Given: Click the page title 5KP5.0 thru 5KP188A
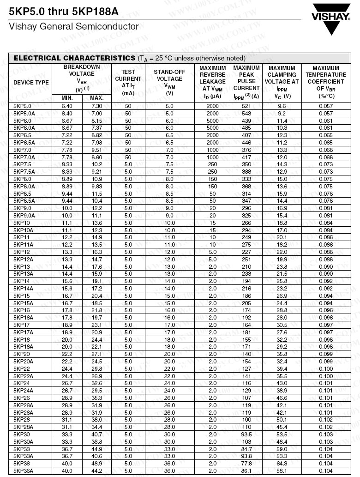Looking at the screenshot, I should pyautogui.click(x=64, y=12).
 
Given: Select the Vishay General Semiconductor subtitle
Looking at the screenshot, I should pyautogui.click(x=74, y=27).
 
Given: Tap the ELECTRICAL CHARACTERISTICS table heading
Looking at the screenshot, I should pyautogui.click(x=74, y=58).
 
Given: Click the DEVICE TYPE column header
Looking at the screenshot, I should pyautogui.click(x=31, y=83).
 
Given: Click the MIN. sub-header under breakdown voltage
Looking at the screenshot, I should pyautogui.click(x=67, y=98).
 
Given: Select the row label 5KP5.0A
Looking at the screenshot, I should pyautogui.click(x=24, y=113).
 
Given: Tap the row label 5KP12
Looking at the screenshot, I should pyautogui.click(x=21, y=252).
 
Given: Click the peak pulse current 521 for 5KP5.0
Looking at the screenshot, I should pyautogui.click(x=246, y=106).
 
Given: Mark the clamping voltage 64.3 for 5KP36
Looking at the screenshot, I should pyautogui.click(x=282, y=464).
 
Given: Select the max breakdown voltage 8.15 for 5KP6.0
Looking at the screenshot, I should pyautogui.click(x=96, y=121).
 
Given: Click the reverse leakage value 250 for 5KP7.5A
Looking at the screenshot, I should pyautogui.click(x=212, y=172).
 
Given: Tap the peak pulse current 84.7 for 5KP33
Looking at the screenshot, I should pyautogui.click(x=246, y=449).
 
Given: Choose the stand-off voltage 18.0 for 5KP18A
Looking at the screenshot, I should pyautogui.click(x=169, y=347).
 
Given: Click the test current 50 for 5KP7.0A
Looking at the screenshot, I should pyautogui.click(x=128, y=157).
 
